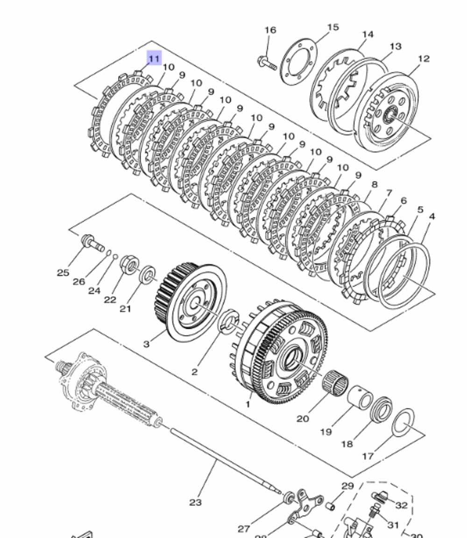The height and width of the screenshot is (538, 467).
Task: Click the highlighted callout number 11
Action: (x=154, y=59)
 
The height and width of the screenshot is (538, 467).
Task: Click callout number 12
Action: (x=424, y=59)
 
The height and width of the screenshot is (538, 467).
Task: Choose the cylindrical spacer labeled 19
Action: (x=360, y=397)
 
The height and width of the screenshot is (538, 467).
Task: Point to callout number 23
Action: (x=195, y=502)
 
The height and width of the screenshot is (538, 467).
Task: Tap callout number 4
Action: (x=432, y=217)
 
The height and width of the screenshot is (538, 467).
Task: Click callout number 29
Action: (x=347, y=486)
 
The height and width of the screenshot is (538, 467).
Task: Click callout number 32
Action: (x=401, y=505)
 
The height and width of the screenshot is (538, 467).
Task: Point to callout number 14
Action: (x=368, y=35)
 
